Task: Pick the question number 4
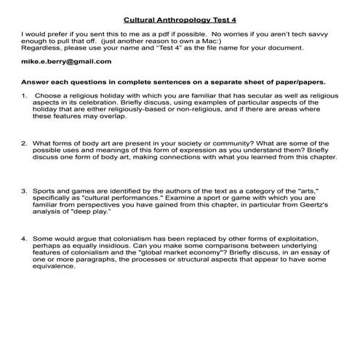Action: coord(24,237)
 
